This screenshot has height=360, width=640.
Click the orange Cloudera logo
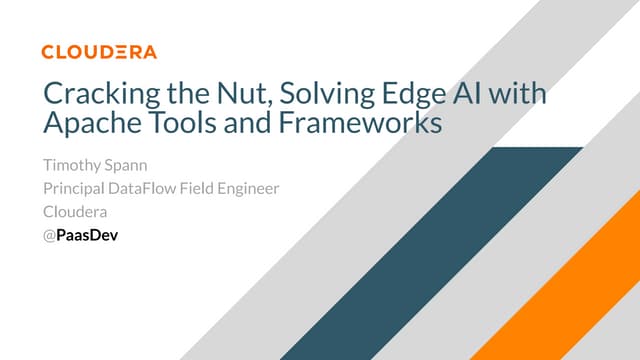tap(99, 51)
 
